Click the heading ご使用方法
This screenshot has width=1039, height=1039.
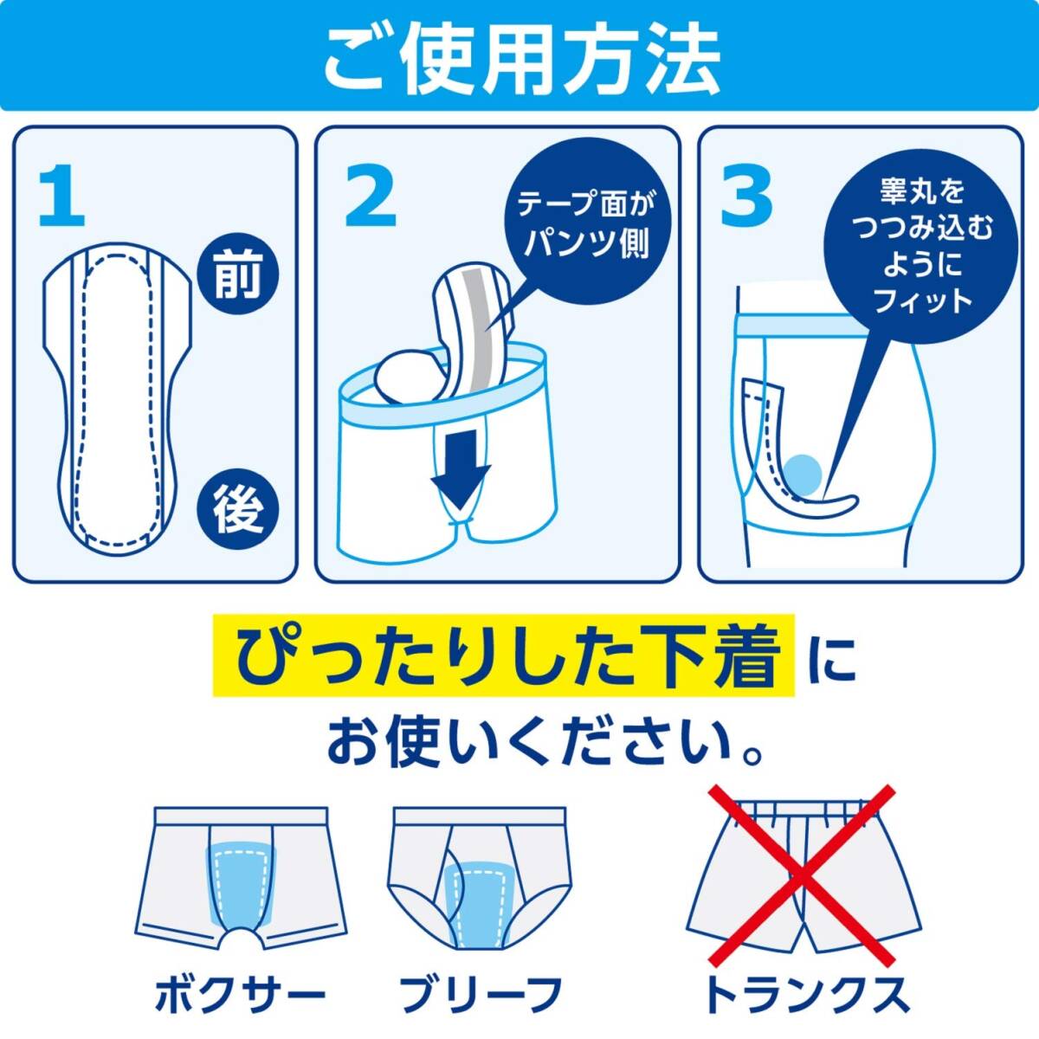[x=520, y=59]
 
